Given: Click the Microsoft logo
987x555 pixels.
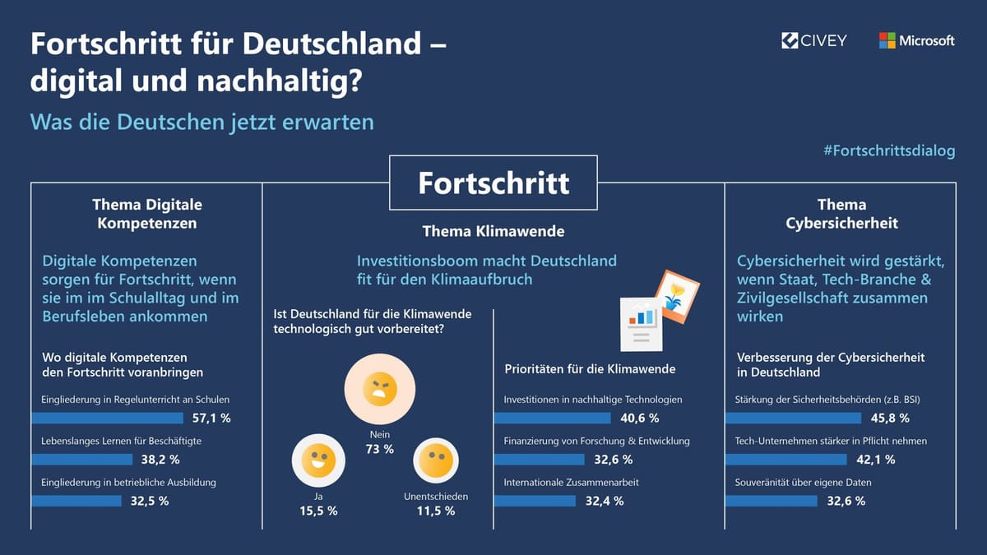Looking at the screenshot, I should [916, 40].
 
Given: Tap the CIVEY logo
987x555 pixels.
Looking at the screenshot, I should [813, 40].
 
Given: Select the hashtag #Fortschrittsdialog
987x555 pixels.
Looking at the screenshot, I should [888, 150].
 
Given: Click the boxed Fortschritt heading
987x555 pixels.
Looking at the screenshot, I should [493, 182].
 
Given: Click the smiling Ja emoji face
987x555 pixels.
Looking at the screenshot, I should [317, 460].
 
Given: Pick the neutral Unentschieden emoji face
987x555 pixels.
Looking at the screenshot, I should [436, 460].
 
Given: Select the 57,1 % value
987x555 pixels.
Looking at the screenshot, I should [211, 418].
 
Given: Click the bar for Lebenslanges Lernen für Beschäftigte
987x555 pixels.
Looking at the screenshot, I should [81, 459].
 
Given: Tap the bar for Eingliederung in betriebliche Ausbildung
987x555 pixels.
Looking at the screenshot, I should [76, 500].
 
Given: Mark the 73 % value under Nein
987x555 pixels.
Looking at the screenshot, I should [380, 449].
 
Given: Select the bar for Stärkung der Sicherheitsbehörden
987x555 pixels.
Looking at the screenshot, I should [792, 418].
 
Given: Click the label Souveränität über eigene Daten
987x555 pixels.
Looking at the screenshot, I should [803, 482].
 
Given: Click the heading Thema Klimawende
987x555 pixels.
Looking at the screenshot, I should [493, 231].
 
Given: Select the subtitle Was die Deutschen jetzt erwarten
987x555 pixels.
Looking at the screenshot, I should [202, 122].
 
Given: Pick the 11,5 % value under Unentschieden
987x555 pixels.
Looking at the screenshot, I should [436, 511].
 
